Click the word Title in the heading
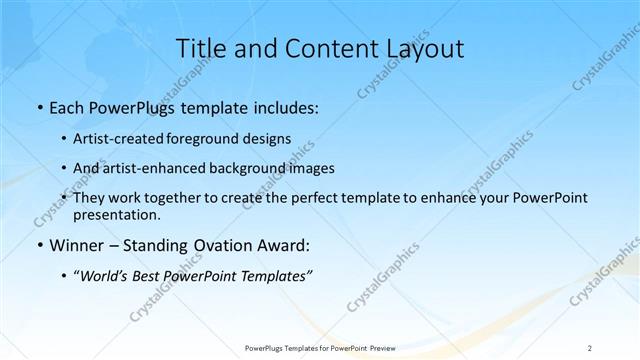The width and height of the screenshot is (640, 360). (200, 49)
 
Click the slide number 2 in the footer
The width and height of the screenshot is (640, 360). (590, 348)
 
